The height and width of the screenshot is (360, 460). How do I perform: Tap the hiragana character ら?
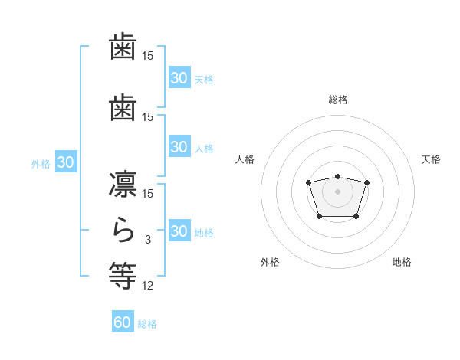tap(123, 229)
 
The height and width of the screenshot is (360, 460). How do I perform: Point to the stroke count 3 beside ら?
tap(148, 240)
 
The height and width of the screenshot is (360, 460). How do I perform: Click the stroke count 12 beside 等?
tap(148, 286)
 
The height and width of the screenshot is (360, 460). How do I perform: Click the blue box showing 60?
tap(123, 322)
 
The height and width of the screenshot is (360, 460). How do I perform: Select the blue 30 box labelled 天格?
tap(179, 78)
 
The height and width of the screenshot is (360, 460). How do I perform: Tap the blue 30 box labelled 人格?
tap(179, 147)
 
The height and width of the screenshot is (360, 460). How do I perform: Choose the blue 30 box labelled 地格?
tap(179, 231)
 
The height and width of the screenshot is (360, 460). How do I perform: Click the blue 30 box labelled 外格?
tap(66, 162)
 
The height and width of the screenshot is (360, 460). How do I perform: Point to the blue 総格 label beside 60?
tap(147, 324)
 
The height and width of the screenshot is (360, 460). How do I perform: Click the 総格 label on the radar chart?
tap(337, 100)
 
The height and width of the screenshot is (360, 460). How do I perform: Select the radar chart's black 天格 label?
tap(432, 159)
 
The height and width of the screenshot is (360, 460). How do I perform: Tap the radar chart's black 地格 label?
tap(402, 262)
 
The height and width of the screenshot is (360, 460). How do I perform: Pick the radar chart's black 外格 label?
tap(270, 262)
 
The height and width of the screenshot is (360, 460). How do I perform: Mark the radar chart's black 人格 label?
tap(245, 159)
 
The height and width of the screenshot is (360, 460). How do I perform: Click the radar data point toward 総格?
tap(337, 177)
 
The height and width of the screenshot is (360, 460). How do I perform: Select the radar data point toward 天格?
tap(366, 182)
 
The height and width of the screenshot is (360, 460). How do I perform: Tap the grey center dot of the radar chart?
tap(337, 191)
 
